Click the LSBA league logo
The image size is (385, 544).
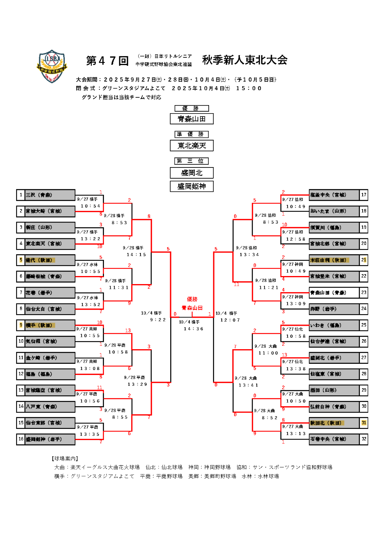(x=52, y=66)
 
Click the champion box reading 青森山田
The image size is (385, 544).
(x=192, y=119)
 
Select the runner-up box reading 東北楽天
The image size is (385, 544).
(x=192, y=146)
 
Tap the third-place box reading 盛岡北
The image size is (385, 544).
(x=192, y=173)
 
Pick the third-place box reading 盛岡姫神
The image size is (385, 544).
(x=192, y=186)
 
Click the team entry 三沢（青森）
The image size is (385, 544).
(x=50, y=195)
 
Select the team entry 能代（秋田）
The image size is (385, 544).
(x=50, y=260)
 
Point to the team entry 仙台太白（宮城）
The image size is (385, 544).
(x=50, y=309)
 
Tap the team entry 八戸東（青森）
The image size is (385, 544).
(x=50, y=407)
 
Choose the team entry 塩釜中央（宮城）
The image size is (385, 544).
(x=334, y=195)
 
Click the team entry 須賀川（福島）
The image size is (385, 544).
(x=334, y=228)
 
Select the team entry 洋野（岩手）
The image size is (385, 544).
(x=334, y=309)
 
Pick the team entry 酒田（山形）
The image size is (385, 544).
(x=334, y=390)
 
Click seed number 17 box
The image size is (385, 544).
(x=363, y=195)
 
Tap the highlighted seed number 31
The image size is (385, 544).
(x=363, y=423)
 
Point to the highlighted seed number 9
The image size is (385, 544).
(x=21, y=325)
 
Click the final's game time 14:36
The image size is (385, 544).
(x=193, y=329)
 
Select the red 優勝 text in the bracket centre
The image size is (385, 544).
(x=192, y=299)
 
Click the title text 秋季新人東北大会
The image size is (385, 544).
(x=245, y=60)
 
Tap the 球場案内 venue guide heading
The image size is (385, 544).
(x=65, y=459)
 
